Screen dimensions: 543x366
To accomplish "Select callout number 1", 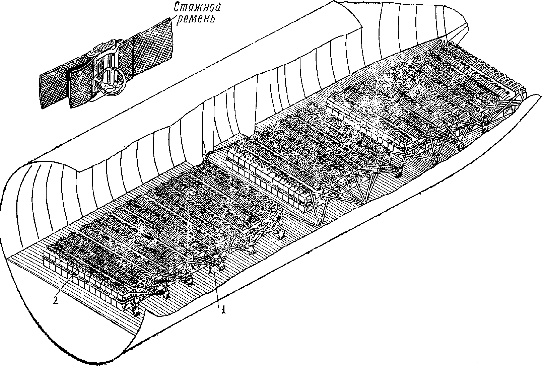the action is tap(223, 310).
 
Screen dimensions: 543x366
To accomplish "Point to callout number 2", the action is tap(56, 300).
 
